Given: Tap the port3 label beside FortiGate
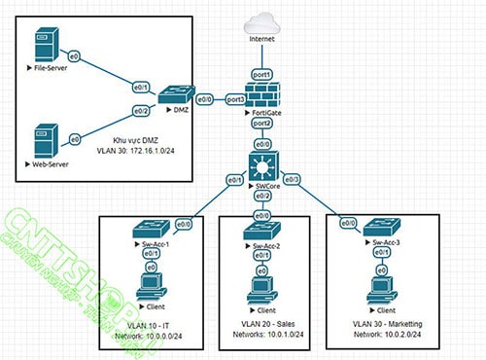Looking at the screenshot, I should coord(234,98).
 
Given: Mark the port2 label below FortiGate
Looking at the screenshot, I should coord(261,124).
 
